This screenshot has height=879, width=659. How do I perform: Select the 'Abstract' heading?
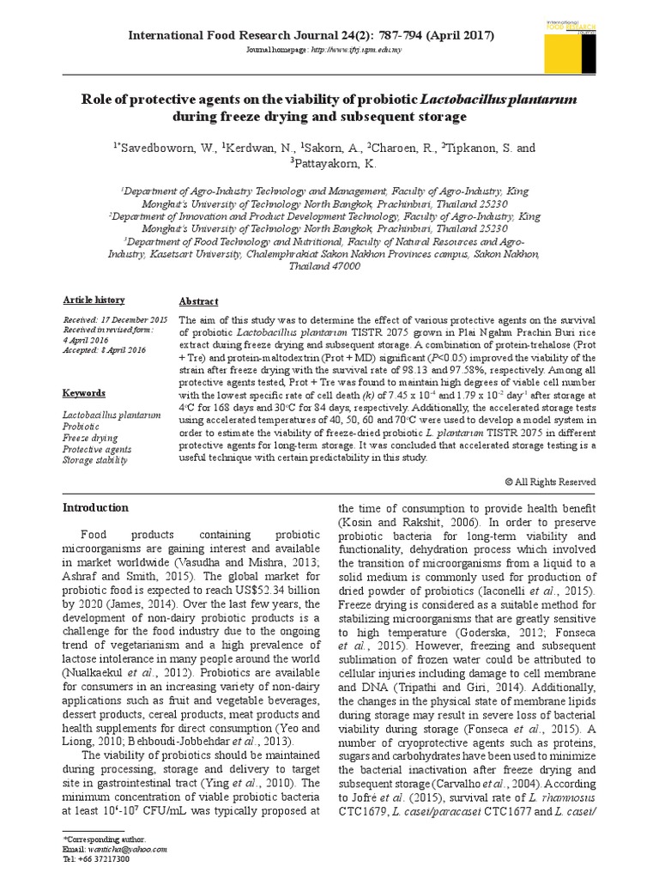click(x=197, y=301)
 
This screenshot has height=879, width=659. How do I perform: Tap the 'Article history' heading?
click(x=94, y=300)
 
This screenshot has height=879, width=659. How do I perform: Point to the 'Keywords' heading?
click(x=84, y=393)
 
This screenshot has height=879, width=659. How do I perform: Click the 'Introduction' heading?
click(x=96, y=507)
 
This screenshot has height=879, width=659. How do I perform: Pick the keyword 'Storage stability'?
click(x=95, y=460)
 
